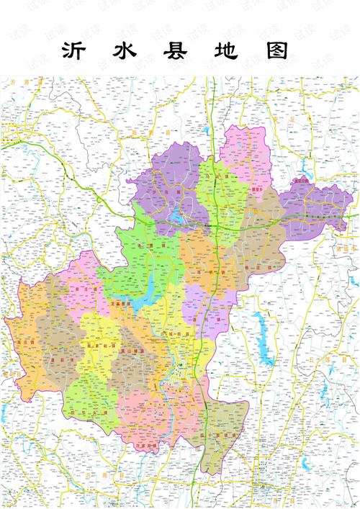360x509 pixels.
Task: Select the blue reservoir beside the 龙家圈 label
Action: [150, 295]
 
